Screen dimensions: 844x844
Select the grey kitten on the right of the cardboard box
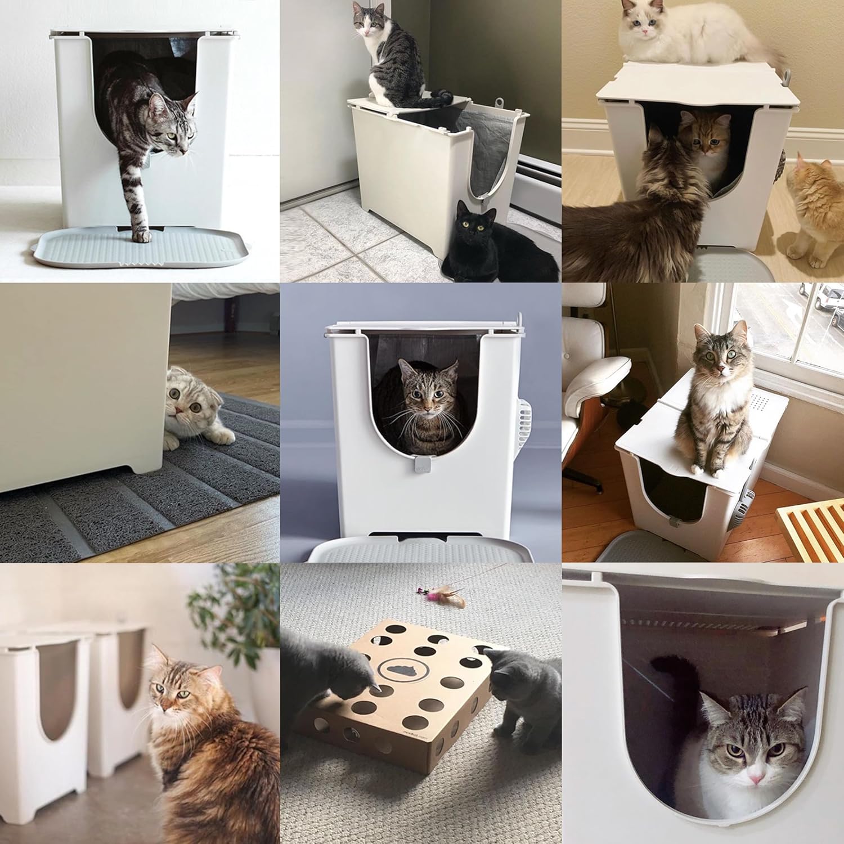[526, 698]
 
